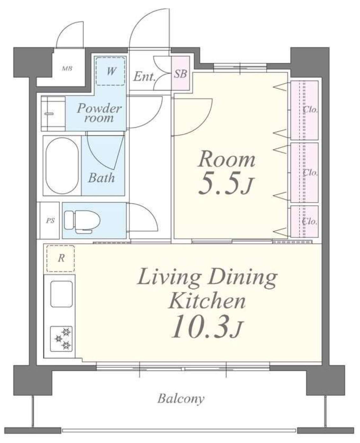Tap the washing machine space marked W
coord(111,71)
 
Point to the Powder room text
coord(99,113)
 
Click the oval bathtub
coord(62,166)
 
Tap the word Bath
coord(101,178)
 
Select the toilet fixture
coord(82,221)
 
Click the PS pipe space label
coord(50,221)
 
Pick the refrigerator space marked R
coord(61,258)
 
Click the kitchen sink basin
coord(61,294)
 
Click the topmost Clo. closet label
coord(310,109)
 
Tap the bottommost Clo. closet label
coord(310,221)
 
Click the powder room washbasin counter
coord(53,114)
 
